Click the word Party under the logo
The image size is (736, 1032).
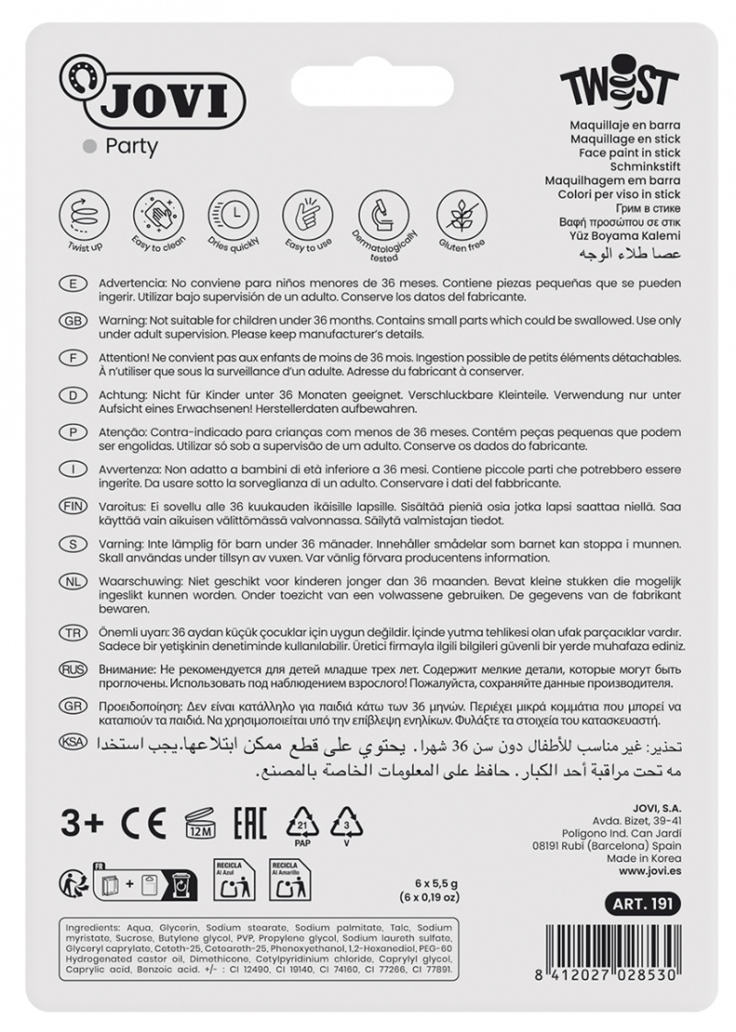click(132, 145)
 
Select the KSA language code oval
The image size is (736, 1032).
click(73, 742)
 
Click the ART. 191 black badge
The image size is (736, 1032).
click(639, 904)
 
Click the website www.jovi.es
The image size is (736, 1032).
click(650, 870)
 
